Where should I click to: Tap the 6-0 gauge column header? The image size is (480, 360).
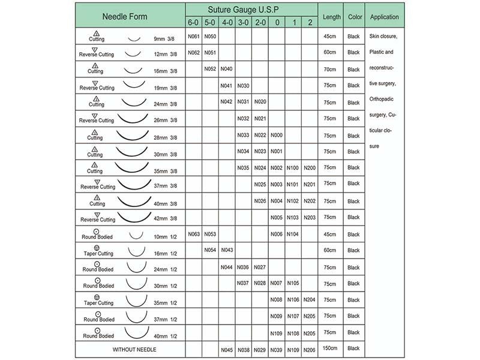coord(193,23)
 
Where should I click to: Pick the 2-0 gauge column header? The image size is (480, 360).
coord(260,23)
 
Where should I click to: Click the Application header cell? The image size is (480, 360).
coord(385,17)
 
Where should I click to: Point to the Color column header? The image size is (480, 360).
coord(354,17)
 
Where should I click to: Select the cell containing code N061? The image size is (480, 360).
coord(193,37)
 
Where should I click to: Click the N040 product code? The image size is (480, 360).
coord(227,69)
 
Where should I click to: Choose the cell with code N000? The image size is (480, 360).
coord(277,135)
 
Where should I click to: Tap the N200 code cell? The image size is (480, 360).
coord(310,168)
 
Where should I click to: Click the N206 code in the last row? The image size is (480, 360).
coord(310,349)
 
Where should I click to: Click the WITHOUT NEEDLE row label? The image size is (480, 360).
coord(130,349)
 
